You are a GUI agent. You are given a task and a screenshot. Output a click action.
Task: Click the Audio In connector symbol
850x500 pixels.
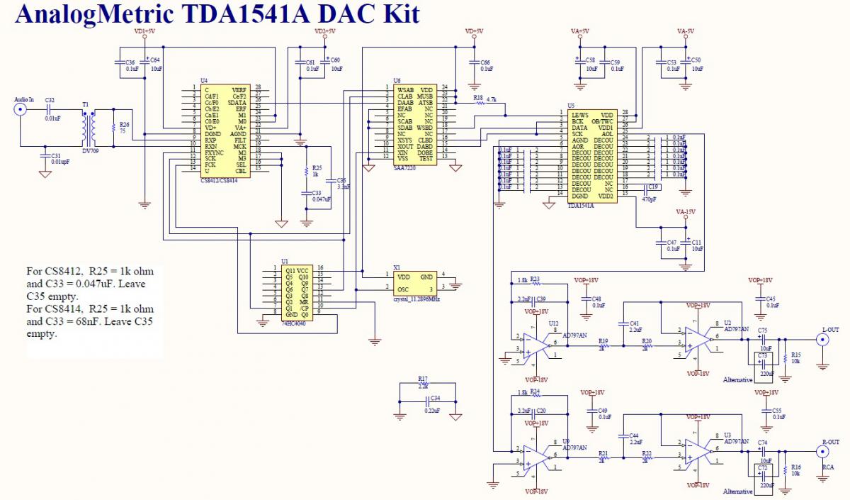click(x=21, y=110)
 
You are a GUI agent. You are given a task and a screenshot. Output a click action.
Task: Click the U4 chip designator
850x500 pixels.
click(x=204, y=81)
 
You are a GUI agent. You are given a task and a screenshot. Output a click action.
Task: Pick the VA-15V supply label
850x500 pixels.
click(x=685, y=212)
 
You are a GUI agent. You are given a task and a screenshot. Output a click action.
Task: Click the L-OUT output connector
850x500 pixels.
click(x=822, y=340)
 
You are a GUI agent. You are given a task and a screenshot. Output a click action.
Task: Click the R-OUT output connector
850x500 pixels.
click(x=822, y=452)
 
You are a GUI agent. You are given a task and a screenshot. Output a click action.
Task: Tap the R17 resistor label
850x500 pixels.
click(x=423, y=379)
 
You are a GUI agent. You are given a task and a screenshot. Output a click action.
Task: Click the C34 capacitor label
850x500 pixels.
click(x=435, y=398)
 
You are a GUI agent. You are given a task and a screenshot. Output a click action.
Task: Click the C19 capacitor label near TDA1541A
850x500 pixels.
click(x=652, y=187)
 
